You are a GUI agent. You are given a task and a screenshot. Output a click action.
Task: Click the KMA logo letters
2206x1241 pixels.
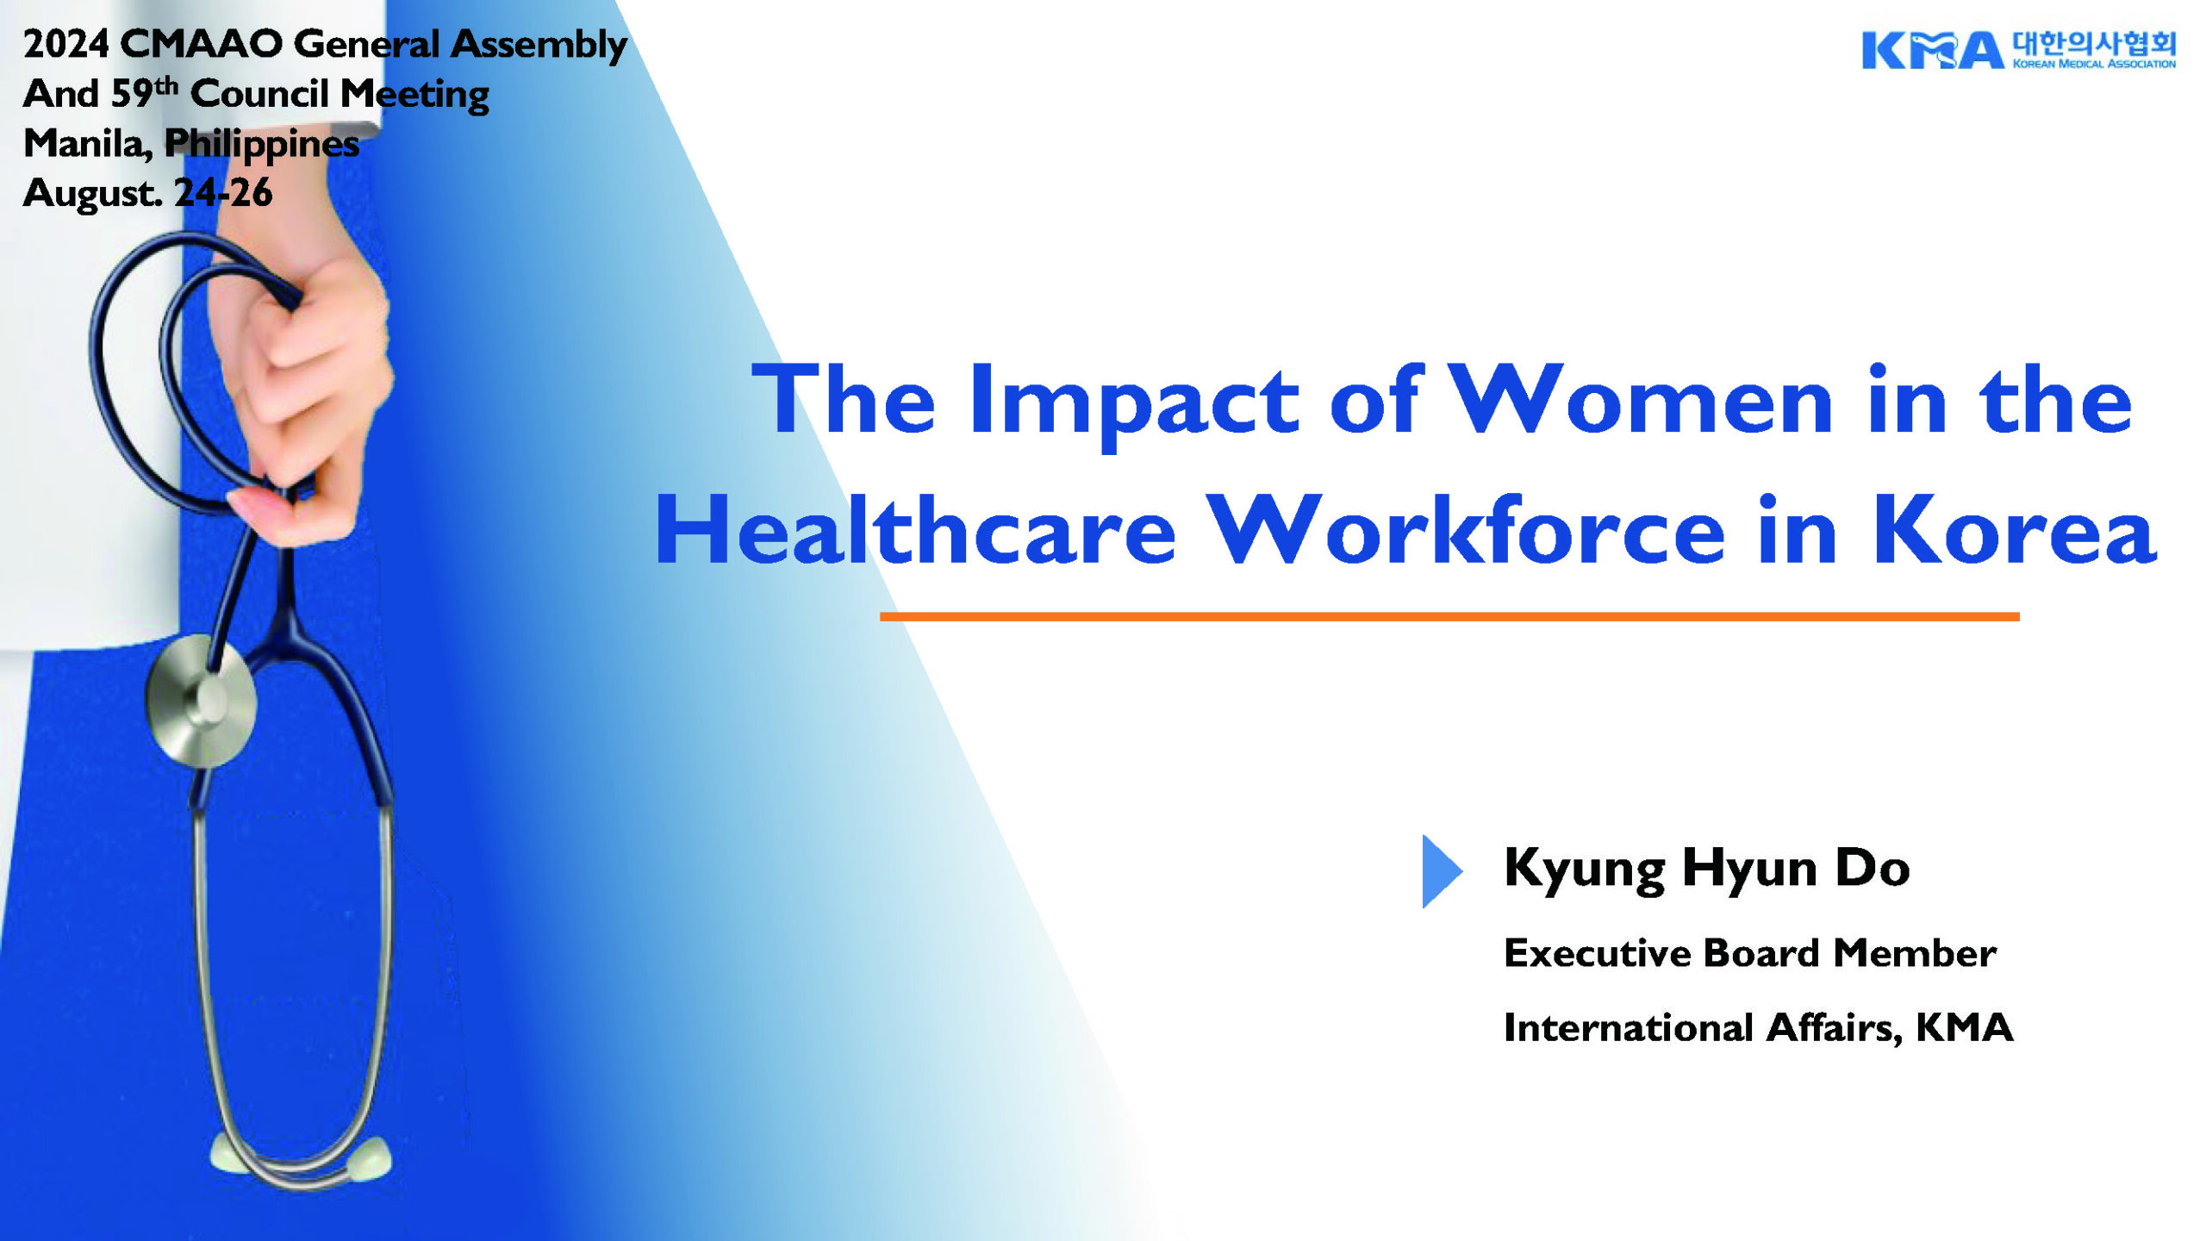[x=1932, y=50]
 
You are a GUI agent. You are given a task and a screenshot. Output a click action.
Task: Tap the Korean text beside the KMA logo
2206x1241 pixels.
[x=2094, y=43]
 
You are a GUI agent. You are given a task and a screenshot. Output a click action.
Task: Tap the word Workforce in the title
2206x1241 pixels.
[x=1466, y=530]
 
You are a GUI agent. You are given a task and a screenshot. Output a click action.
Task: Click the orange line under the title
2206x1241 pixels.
[x=1449, y=616]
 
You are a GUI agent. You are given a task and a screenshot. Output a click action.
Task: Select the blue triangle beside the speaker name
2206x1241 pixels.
[x=1442, y=871]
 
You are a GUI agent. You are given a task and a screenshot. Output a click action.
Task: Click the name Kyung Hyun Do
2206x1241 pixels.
[x=1706, y=869]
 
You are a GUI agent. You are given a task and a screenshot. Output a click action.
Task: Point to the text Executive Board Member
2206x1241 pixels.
[x=1749, y=953]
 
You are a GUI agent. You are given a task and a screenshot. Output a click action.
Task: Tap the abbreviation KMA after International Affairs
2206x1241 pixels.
[x=1964, y=1027]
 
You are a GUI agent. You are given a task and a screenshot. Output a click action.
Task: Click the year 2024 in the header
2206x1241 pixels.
[x=65, y=44]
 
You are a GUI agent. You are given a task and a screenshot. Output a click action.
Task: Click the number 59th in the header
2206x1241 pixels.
[x=144, y=91]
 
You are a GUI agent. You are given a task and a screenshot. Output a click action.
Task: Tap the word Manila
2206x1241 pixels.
[x=87, y=143]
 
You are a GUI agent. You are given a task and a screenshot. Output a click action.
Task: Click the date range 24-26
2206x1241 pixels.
[x=223, y=192]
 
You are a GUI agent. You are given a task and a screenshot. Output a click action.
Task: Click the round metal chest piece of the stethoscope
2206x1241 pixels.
[x=201, y=700]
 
